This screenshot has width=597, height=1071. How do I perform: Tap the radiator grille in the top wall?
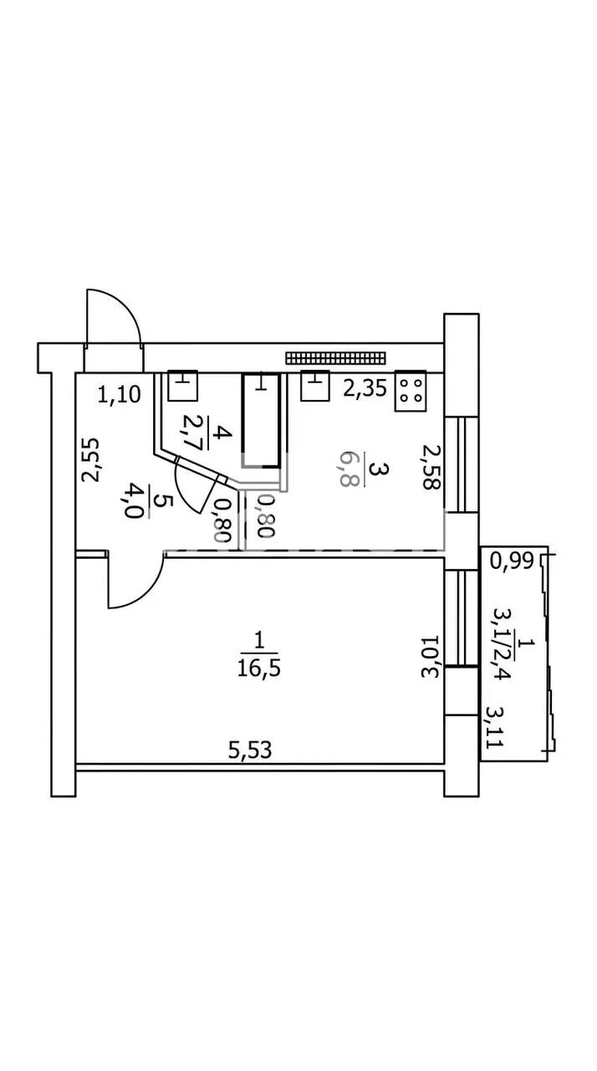335,357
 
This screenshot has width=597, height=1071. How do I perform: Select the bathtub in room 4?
261,420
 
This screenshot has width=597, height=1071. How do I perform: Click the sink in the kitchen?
314,386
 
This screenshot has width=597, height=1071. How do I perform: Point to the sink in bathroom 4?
183,386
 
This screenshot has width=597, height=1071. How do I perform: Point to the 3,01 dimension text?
430,658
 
